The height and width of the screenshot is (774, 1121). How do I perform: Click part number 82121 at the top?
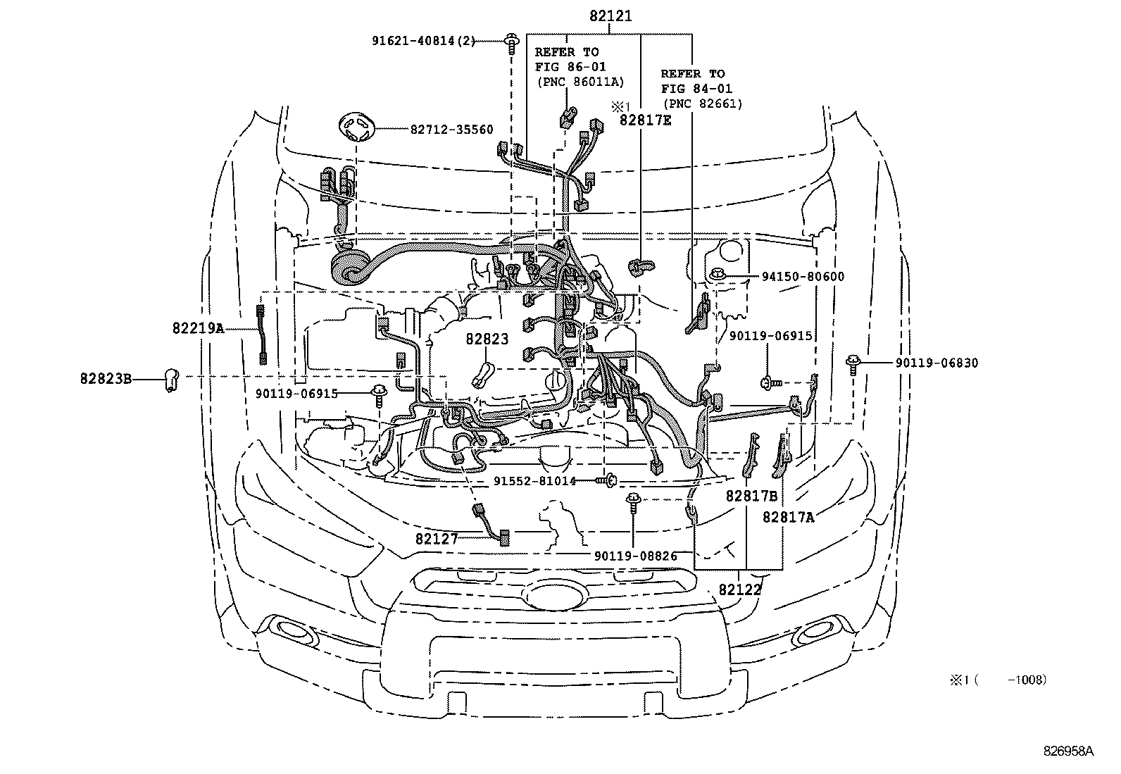(610, 15)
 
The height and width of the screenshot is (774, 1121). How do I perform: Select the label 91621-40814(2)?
(424, 42)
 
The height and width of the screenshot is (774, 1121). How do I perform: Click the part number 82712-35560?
(451, 130)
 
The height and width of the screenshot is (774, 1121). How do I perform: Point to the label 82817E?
(645, 120)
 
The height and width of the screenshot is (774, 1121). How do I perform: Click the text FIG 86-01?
(570, 67)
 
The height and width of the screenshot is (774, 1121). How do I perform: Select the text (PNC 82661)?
(701, 104)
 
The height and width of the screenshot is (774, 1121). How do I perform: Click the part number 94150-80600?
(803, 277)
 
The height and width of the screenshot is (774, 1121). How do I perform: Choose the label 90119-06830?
(937, 363)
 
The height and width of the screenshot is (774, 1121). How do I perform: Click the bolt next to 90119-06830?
(853, 363)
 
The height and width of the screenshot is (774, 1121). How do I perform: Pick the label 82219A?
(198, 327)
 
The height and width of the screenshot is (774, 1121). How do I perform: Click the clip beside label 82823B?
(170, 379)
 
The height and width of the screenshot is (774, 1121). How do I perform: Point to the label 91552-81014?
(534, 481)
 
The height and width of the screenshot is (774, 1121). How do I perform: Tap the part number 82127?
(437, 539)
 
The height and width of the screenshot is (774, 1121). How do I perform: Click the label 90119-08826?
(635, 556)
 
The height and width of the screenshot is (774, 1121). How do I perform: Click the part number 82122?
(740, 589)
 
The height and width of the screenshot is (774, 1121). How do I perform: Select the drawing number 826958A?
(1069, 751)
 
